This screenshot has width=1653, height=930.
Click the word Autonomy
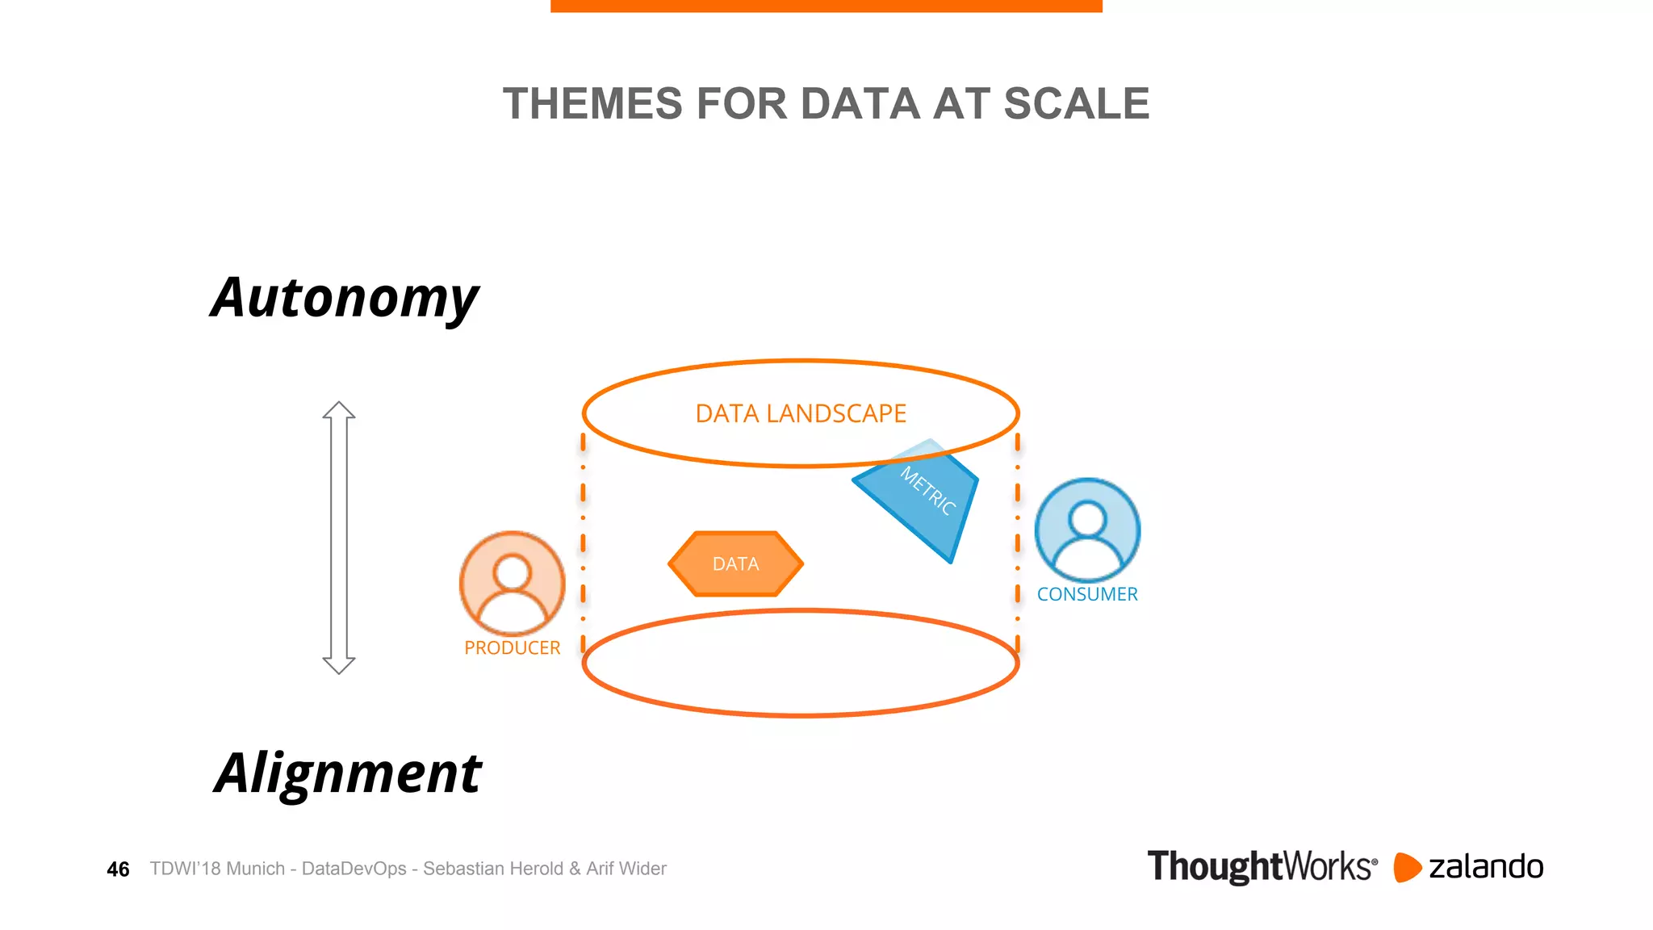coord(345,299)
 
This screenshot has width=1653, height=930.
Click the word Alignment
coord(348,773)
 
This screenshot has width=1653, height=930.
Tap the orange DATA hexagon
coord(735,563)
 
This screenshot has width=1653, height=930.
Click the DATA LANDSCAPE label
coord(801,413)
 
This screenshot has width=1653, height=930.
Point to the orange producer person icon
coord(512,583)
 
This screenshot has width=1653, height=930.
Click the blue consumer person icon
coord(1086,529)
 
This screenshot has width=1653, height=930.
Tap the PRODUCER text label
coord(512,648)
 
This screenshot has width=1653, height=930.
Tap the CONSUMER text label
coord(1086,594)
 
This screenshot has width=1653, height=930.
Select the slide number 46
coord(118,869)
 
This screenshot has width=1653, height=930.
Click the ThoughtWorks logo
coord(1262,866)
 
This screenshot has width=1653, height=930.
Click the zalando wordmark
coord(1485,867)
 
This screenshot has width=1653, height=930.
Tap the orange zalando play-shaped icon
coord(1407,867)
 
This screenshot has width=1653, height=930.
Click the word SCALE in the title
coord(1076,104)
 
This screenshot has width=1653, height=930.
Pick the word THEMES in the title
coord(592,104)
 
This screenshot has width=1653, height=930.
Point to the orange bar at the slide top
coord(826,6)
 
